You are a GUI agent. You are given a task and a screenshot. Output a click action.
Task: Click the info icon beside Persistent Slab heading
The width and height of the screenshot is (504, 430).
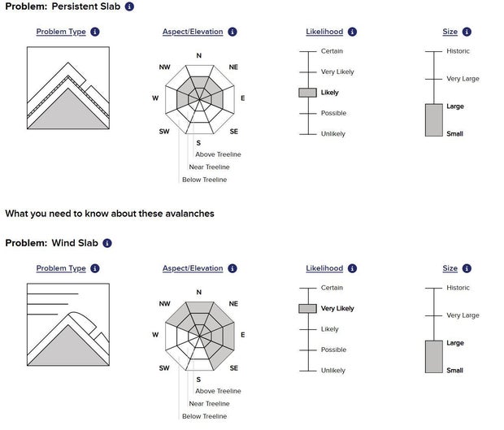[129, 7]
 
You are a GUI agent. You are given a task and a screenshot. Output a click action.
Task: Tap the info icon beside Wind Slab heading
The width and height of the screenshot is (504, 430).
[107, 243]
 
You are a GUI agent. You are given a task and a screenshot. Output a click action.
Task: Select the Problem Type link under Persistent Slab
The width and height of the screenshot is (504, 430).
[61, 32]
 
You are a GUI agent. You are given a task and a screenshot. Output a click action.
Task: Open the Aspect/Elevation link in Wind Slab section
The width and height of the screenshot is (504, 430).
[193, 268]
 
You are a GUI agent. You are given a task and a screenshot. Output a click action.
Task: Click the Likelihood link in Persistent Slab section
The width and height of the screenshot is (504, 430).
[324, 32]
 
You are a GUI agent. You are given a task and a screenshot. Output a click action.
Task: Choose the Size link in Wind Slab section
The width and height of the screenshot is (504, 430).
[450, 268]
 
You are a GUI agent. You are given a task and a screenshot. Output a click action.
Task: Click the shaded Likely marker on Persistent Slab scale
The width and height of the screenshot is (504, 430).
[307, 93]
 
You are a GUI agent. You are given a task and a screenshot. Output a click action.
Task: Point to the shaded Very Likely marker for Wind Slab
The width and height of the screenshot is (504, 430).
[307, 309]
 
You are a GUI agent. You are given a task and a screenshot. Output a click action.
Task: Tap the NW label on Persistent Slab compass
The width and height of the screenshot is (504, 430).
[164, 67]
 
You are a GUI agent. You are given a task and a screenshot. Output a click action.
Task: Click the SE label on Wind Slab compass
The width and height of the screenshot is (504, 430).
[233, 368]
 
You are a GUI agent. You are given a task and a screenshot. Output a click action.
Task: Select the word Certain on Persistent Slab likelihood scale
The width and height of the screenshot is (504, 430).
[332, 51]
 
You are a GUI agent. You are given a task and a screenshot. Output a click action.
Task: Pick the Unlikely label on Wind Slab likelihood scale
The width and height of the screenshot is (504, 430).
[333, 371]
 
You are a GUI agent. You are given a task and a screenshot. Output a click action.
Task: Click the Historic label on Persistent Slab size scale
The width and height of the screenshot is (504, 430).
[458, 51]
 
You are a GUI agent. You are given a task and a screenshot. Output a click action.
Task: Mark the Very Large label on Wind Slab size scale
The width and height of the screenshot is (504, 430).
[463, 315]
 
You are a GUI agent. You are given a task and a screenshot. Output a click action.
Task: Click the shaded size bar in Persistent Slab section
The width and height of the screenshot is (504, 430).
[434, 119]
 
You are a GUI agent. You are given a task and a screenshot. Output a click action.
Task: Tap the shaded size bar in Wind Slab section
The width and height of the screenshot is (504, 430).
[434, 357]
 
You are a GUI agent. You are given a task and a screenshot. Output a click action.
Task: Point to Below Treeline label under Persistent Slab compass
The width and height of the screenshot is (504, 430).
[204, 180]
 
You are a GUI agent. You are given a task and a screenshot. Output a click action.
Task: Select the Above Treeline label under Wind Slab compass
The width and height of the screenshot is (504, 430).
[218, 391]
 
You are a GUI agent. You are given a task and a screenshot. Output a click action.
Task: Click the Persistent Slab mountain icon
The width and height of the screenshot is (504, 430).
[68, 88]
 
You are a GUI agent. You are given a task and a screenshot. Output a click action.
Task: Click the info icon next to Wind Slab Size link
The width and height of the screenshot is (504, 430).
[467, 268]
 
